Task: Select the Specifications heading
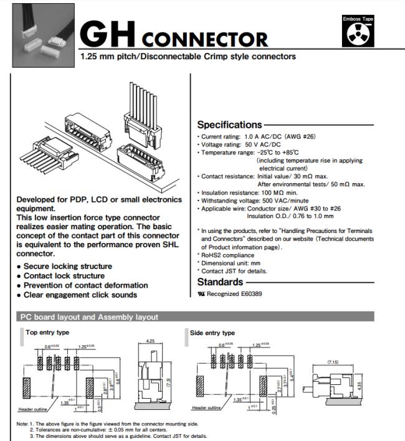coord(229,125)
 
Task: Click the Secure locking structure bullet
coord(68,267)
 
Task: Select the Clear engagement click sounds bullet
coord(80,295)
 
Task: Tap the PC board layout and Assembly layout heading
coord(90,317)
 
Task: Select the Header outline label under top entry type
coord(31,409)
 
